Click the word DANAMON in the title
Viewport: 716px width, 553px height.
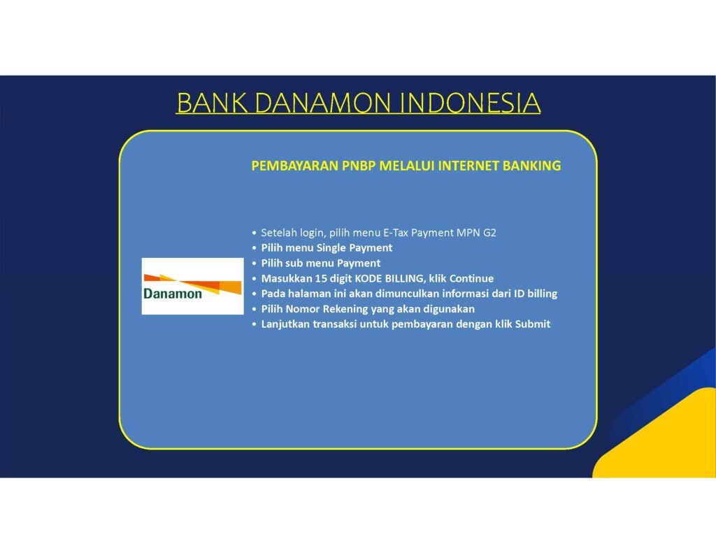tap(323, 103)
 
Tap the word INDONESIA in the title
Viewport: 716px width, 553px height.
tap(470, 103)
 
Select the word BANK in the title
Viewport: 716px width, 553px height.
tap(212, 103)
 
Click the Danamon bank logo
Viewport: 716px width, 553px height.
tap(192, 286)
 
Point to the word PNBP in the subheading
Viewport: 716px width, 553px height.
tap(359, 165)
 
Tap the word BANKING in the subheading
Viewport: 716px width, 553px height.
tap(531, 165)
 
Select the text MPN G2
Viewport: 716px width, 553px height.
tap(476, 233)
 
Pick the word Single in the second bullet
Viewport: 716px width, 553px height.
tap(331, 248)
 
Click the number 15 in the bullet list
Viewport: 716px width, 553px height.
tap(320, 278)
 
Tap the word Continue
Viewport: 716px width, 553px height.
tap(471, 278)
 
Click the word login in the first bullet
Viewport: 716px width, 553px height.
tap(313, 233)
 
